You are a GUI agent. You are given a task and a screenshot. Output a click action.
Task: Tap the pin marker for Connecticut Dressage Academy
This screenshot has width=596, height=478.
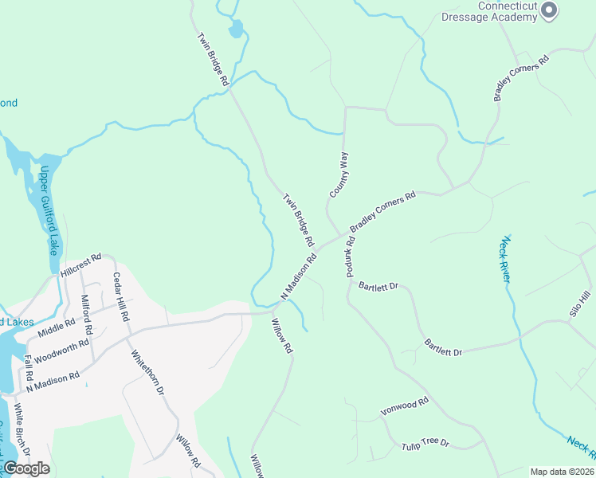click(548, 10)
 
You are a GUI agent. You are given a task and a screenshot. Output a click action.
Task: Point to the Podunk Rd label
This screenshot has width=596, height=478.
click(350, 257)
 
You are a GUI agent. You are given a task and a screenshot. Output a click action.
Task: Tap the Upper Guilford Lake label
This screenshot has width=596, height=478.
click(49, 210)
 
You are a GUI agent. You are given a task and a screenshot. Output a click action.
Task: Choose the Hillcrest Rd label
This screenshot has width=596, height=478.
click(80, 266)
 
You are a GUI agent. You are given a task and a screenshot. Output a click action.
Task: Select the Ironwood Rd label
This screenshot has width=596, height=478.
click(405, 406)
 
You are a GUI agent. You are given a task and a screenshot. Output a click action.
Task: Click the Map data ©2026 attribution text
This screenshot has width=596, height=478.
click(562, 472)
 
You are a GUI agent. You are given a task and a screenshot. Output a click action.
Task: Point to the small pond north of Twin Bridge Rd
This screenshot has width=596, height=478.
click(236, 30)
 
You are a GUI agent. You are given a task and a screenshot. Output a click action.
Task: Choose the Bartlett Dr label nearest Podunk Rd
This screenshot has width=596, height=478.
click(378, 285)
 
